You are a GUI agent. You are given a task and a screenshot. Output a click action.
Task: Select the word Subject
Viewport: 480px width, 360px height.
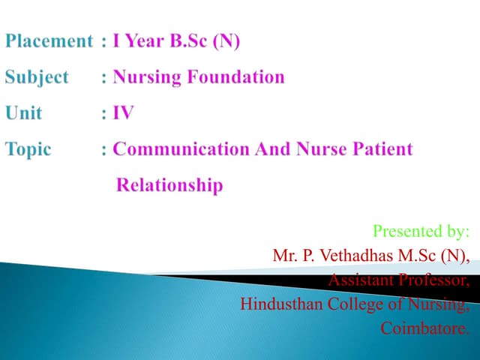click(37, 77)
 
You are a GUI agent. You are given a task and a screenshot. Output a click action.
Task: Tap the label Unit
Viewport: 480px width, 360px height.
click(24, 113)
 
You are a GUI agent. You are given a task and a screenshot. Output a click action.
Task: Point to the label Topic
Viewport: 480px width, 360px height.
click(29, 149)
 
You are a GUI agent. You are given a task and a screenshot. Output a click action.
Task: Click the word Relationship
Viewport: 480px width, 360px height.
click(169, 184)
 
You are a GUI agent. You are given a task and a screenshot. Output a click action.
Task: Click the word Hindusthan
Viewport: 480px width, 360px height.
click(280, 304)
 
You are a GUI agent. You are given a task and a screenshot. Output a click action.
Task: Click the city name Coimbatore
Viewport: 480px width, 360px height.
click(424, 328)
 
